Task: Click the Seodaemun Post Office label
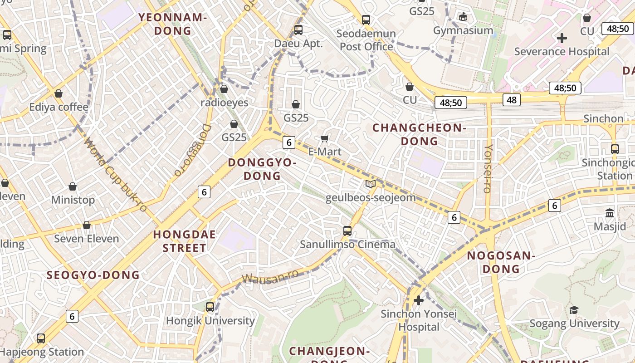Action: (366, 40)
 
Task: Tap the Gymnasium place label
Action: (463, 30)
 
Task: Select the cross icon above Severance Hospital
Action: (562, 38)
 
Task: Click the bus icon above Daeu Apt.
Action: (298, 30)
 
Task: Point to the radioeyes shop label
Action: (225, 103)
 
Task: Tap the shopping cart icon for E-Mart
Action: (324, 138)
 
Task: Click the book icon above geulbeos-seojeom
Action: (371, 184)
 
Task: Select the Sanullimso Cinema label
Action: (347, 244)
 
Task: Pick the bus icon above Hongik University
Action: (210, 307)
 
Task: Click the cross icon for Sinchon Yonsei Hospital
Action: (419, 300)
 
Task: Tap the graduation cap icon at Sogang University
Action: (574, 310)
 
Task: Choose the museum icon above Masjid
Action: (610, 213)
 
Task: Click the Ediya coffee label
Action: (59, 107)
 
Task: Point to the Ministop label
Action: (73, 200)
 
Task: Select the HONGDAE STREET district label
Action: (184, 241)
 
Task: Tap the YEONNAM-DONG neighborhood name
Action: (173, 24)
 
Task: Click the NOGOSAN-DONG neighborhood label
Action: (501, 262)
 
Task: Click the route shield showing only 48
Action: (512, 100)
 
